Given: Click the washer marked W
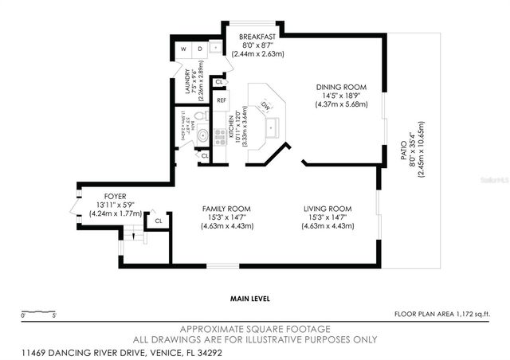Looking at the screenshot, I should pos(183,49).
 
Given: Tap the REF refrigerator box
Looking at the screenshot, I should pos(222,101).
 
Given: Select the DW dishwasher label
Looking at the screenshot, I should pos(267,105).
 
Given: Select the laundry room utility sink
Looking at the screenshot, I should pos(216,49).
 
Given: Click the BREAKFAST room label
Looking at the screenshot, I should pos(259,37).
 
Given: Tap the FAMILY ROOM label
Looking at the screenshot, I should pos(227,209).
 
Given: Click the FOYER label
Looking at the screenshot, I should pos(116,196).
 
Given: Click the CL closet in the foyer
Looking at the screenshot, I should pos(159,221).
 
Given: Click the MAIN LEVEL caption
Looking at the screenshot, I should pos(249,299).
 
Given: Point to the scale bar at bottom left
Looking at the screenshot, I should pos(38,311).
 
